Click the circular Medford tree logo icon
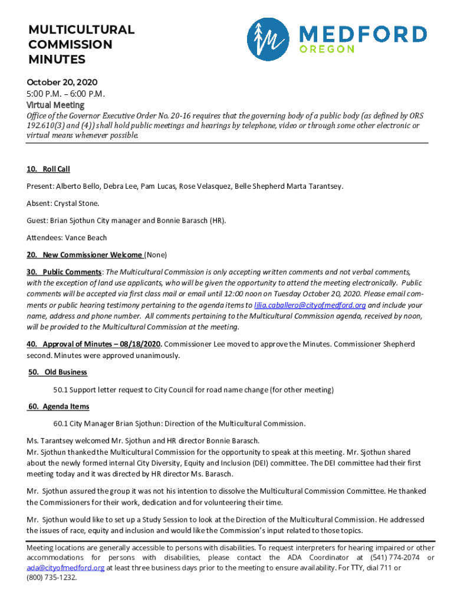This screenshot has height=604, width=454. click(268, 39)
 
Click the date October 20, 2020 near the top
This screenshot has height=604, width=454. click(62, 83)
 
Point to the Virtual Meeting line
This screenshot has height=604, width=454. click(55, 105)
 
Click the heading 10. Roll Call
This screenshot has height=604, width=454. click(48, 169)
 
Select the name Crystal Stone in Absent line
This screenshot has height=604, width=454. click(77, 203)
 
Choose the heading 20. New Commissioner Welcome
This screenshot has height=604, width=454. click(84, 255)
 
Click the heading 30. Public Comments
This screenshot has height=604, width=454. click(64, 272)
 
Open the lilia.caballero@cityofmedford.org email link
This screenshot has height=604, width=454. click(310, 306)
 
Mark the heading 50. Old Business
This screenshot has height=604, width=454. click(58, 372)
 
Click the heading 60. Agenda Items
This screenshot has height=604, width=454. click(59, 406)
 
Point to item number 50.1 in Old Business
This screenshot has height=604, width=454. click(60, 389)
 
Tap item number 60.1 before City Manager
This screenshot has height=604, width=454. click(60, 424)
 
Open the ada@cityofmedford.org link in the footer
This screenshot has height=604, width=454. click(65, 568)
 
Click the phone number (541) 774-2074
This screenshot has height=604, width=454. click(395, 558)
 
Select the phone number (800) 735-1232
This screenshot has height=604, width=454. click(52, 578)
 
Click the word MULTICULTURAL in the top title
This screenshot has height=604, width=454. click(81, 29)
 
